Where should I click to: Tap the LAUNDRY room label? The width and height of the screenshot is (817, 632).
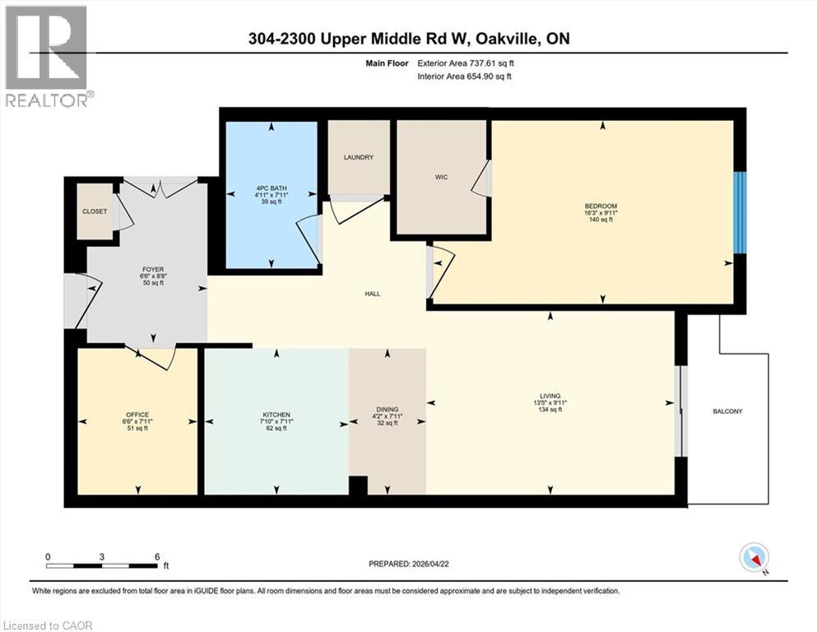[x=359, y=157]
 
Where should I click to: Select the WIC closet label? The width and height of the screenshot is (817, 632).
[x=441, y=175]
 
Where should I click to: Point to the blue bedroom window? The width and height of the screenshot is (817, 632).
[x=740, y=212]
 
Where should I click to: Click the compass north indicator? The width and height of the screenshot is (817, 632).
[x=754, y=558]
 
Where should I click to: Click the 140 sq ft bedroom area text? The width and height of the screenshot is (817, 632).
[x=601, y=220]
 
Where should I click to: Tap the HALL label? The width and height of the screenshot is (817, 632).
[x=373, y=294]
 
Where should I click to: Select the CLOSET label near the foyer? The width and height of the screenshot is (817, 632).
[x=95, y=211]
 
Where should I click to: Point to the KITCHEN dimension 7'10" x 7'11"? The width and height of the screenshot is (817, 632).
[x=276, y=421]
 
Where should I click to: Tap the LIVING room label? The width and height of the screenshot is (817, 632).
[x=550, y=396]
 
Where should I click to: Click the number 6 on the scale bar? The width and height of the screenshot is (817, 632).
[x=156, y=556]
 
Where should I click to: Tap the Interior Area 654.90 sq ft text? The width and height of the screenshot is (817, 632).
[x=465, y=77]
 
